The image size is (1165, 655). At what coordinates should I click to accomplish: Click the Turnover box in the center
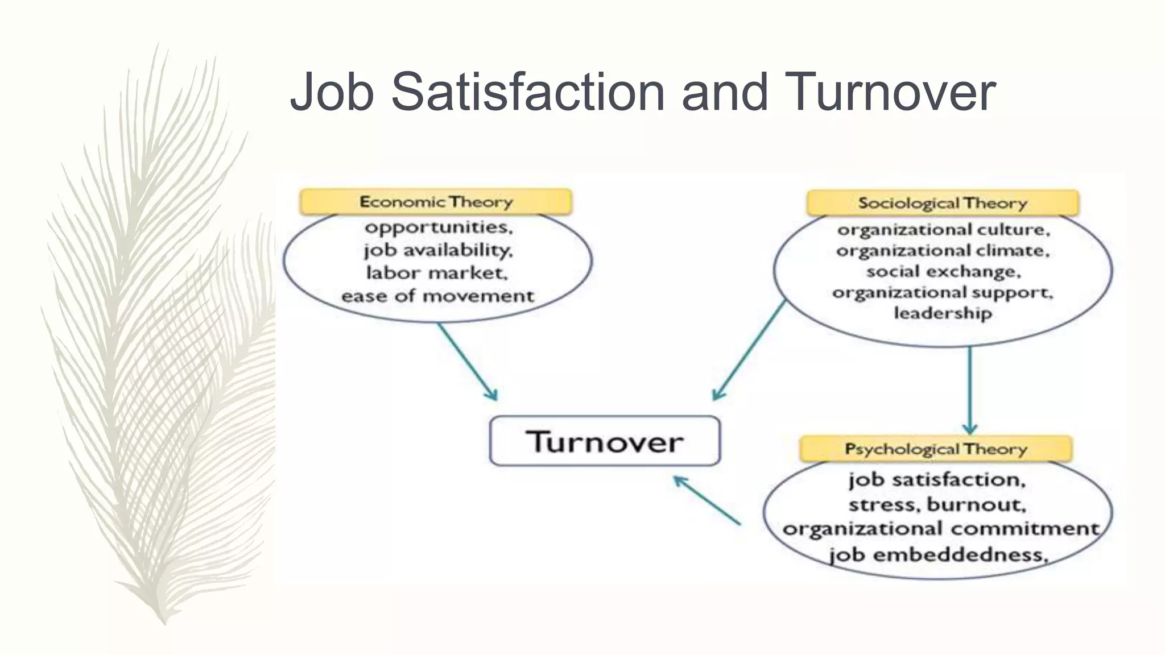point(605,441)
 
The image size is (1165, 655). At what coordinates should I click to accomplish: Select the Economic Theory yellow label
point(436,202)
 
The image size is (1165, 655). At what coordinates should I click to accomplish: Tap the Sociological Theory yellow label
point(942,203)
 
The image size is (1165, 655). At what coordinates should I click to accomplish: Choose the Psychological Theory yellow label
point(936,449)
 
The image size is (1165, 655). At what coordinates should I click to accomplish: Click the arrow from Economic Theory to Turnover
point(467,362)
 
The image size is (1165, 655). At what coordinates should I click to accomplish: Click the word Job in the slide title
point(332,92)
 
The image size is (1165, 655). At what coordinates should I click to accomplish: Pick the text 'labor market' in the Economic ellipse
point(436,273)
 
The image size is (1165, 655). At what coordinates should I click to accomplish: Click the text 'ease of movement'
point(437,296)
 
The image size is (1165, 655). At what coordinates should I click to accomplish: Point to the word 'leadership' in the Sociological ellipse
point(943,313)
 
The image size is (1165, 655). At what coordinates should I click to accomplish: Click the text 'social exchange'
point(943,272)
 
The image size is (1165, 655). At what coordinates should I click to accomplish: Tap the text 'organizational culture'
point(943,230)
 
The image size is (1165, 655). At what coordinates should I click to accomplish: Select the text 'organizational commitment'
point(940,529)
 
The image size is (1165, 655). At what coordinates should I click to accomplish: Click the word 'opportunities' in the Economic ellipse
point(438,227)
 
